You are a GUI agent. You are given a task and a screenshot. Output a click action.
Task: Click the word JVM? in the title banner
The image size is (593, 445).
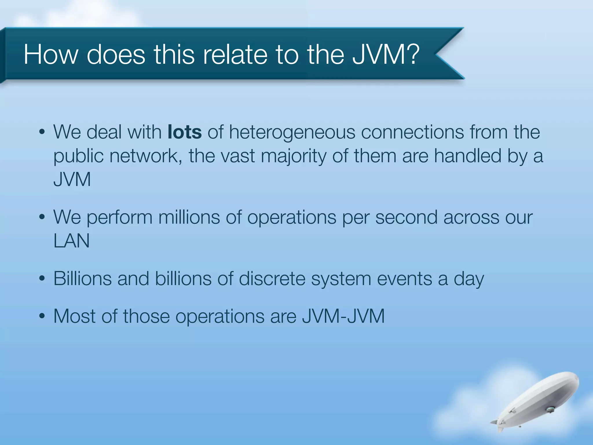(386, 54)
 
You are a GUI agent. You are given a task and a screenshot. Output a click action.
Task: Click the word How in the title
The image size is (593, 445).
(51, 54)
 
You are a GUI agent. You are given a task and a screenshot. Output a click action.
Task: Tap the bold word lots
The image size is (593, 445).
(184, 132)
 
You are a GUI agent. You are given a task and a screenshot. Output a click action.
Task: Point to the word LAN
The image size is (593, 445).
(72, 241)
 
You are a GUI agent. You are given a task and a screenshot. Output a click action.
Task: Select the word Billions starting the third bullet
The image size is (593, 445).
(83, 279)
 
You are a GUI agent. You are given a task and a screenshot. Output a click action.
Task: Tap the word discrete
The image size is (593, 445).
(272, 279)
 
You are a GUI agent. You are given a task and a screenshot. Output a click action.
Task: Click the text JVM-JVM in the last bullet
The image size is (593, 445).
(343, 316)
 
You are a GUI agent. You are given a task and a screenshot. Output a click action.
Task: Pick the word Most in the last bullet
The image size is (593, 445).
(74, 316)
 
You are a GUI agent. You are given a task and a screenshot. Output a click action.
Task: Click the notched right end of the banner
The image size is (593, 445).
(446, 54)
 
